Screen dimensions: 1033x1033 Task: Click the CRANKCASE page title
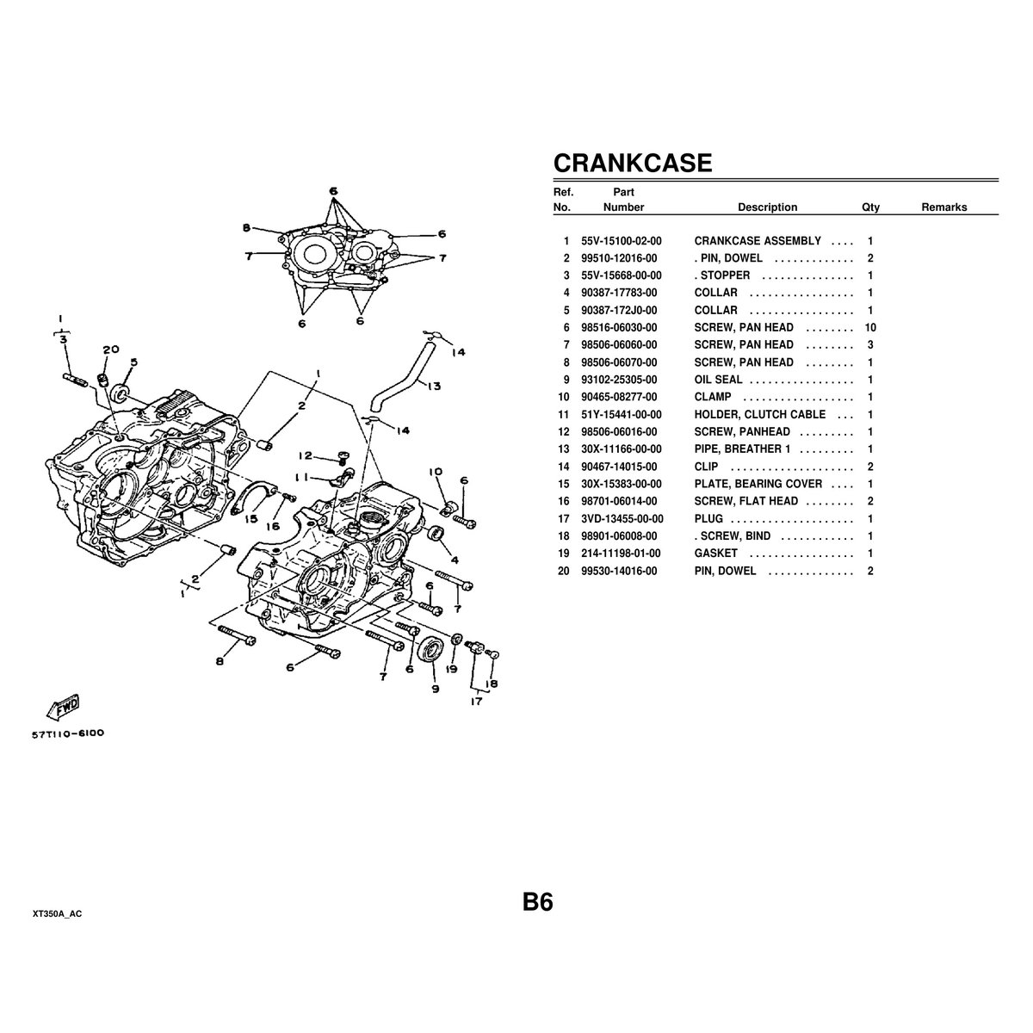click(632, 163)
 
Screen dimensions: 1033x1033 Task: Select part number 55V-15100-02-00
click(622, 241)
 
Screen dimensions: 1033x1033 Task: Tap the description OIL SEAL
click(718, 380)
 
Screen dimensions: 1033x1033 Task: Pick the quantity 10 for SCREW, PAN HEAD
click(869, 328)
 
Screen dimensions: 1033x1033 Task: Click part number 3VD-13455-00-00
click(622, 518)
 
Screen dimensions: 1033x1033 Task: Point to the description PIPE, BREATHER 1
click(742, 449)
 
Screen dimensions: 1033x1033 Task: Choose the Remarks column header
click(943, 207)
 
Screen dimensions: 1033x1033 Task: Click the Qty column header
click(870, 207)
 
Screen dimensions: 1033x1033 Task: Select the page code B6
click(537, 902)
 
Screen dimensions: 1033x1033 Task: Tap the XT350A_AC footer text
click(58, 914)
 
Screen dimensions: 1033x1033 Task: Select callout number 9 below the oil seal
click(434, 688)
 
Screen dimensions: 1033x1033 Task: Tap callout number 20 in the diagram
click(110, 349)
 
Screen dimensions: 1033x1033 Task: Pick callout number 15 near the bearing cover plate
click(251, 519)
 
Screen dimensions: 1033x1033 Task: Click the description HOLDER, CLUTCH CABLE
click(759, 415)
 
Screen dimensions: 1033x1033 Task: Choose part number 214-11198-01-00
click(622, 554)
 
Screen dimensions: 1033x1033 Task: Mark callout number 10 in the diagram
click(436, 471)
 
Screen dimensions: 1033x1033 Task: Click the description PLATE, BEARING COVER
click(758, 484)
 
